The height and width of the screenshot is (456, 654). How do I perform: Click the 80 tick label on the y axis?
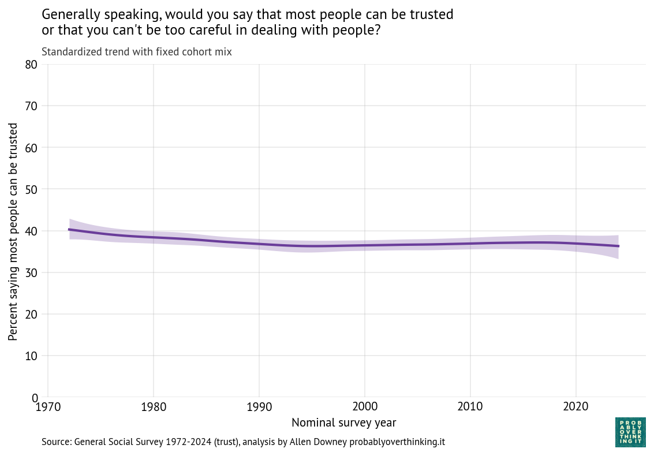click(31, 65)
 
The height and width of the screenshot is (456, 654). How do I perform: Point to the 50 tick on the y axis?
click(31, 189)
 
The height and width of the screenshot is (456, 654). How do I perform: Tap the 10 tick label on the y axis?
click(31, 356)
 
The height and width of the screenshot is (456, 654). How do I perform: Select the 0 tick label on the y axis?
click(34, 398)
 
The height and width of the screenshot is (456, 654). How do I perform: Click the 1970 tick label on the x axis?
click(47, 408)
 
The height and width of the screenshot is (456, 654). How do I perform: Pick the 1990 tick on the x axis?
click(259, 408)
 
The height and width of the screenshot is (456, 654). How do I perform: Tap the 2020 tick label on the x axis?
click(576, 408)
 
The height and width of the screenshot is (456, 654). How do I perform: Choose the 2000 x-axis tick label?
click(365, 408)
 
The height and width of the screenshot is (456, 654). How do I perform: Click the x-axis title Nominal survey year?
click(343, 423)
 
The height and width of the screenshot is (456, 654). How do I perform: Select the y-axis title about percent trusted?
click(13, 231)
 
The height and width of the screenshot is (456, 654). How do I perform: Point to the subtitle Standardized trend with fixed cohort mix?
click(137, 52)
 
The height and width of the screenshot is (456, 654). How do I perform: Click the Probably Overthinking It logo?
click(630, 432)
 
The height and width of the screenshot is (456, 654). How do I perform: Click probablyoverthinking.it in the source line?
click(397, 442)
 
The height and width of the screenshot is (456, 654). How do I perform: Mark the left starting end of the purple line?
click(69, 230)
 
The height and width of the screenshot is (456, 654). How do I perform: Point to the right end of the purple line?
click(618, 246)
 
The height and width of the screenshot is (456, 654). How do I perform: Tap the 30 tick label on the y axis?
click(31, 272)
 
